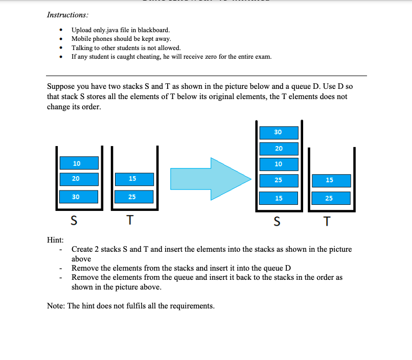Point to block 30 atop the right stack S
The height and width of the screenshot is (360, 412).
[279, 132]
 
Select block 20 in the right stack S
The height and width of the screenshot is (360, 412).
[279, 149]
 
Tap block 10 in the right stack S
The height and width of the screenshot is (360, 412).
[279, 164]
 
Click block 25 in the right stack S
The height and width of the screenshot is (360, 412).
[279, 180]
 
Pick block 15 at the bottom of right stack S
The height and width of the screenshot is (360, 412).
[279, 198]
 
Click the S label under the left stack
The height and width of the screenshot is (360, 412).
[74, 221]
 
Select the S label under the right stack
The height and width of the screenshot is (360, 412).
[278, 222]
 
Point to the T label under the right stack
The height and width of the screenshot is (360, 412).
[328, 222]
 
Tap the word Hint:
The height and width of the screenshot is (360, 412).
[55, 239]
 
